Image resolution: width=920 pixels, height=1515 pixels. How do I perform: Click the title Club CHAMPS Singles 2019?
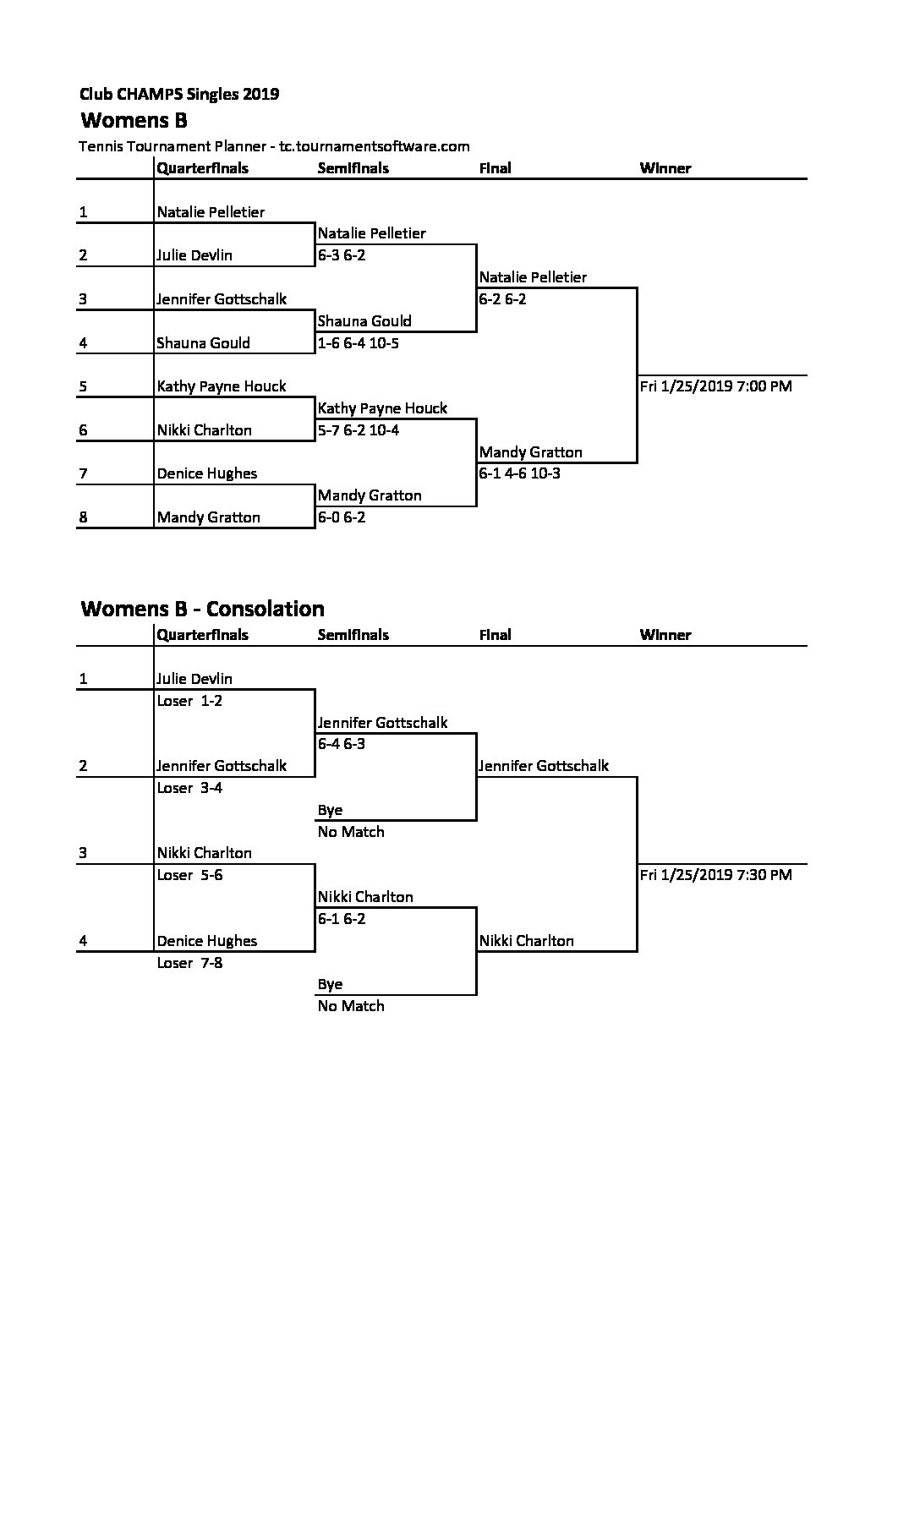[179, 94]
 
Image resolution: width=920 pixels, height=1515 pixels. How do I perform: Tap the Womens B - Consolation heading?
[202, 609]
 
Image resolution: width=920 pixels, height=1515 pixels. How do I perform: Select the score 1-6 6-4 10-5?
[359, 343]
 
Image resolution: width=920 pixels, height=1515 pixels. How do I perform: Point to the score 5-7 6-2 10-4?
[359, 430]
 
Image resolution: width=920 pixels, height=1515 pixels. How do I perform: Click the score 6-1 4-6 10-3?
[520, 473]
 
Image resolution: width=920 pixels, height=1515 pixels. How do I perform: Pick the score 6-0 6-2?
[342, 517]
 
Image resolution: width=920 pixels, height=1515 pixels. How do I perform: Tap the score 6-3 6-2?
[342, 255]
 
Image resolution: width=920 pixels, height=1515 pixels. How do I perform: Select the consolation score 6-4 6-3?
[342, 744]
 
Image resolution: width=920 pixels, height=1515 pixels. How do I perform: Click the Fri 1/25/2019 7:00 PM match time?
[716, 386]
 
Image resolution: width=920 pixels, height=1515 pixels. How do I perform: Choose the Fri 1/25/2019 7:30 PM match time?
[716, 875]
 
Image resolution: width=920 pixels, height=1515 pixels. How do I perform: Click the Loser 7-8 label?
[190, 963]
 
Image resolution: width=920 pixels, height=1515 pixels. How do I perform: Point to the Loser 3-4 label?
[190, 788]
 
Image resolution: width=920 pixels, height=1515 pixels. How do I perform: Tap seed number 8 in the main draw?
[83, 517]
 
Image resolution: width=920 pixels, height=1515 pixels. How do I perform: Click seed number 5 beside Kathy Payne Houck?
[83, 386]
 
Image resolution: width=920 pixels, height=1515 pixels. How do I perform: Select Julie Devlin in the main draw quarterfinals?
[194, 255]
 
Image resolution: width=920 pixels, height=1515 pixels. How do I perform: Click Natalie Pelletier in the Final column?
[533, 277]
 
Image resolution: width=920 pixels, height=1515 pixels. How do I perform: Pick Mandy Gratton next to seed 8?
[209, 517]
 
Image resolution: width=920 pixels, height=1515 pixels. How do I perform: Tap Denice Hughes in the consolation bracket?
[207, 941]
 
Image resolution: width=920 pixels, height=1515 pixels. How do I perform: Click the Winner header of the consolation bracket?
[665, 635]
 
